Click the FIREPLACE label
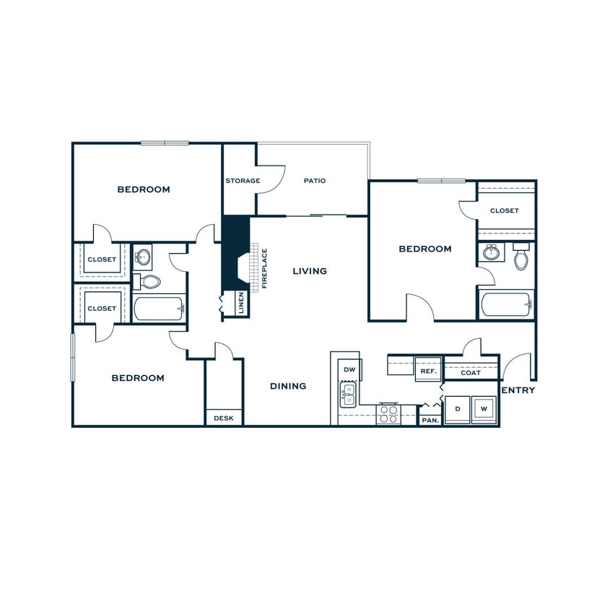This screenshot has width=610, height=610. (x=265, y=268)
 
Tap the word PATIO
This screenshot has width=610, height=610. (x=314, y=181)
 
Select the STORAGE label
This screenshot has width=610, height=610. (x=243, y=181)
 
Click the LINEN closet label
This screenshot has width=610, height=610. (x=240, y=304)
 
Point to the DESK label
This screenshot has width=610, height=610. (x=224, y=418)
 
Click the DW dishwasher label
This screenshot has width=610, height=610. (x=349, y=369)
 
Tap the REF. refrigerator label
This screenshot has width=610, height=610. (x=429, y=371)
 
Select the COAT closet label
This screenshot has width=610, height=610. (x=471, y=373)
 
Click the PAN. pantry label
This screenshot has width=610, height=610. (x=430, y=419)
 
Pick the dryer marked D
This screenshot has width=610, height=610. (x=457, y=409)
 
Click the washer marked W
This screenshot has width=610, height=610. (x=484, y=409)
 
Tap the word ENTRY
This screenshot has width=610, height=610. (x=518, y=390)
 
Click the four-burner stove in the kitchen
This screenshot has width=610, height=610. (x=388, y=414)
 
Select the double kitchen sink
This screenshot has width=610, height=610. (x=349, y=395)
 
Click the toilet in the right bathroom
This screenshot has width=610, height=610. (x=521, y=258)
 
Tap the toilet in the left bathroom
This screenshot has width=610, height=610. (x=149, y=281)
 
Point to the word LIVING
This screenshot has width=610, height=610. (x=310, y=271)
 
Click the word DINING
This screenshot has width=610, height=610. (x=288, y=386)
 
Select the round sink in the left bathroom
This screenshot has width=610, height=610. (x=142, y=257)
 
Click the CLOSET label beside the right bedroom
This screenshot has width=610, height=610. (x=504, y=211)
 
